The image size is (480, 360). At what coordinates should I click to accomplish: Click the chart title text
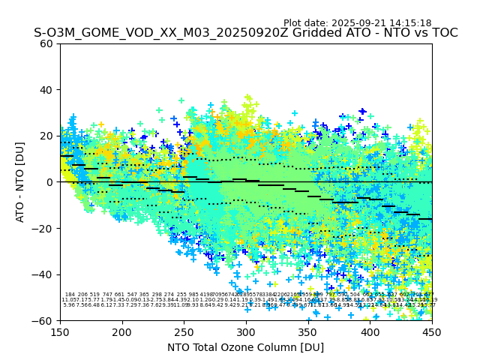tap(245, 33)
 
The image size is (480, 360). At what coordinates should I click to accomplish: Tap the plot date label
tap(357, 23)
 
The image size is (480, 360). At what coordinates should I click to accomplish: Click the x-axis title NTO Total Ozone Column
tap(245, 347)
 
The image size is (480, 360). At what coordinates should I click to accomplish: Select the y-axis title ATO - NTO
tap(20, 181)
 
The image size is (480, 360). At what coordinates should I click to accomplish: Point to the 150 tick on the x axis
tap(60, 331)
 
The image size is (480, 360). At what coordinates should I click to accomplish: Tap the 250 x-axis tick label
tap(184, 331)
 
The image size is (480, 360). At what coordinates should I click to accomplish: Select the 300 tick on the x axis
tap(246, 331)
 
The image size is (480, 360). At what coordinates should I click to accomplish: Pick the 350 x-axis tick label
tap(308, 331)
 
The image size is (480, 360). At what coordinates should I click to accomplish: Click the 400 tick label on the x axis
tap(370, 331)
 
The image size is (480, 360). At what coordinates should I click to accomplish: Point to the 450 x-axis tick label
tap(432, 331)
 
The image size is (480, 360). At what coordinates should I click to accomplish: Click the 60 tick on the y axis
tap(47, 43)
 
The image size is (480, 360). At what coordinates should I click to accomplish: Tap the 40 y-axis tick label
tap(47, 90)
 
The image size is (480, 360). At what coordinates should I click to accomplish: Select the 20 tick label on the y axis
tap(47, 136)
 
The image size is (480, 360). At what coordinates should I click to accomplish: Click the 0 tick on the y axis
tap(50, 182)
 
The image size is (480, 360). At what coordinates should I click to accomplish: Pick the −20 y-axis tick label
tap(44, 228)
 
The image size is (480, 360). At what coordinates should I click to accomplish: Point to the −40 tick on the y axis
tap(44, 274)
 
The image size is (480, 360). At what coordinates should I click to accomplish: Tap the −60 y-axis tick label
tap(44, 320)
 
